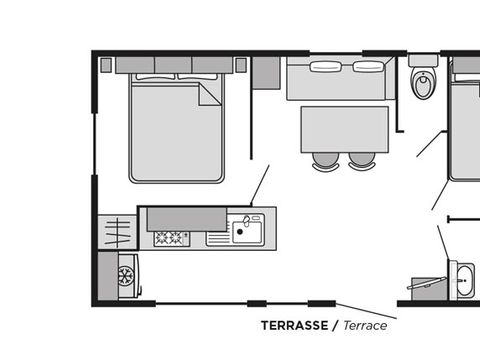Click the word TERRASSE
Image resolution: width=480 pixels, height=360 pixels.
[294, 325]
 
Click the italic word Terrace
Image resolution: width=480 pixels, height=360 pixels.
[365, 325]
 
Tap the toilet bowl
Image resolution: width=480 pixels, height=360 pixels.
[423, 82]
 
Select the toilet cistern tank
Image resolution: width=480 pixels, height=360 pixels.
[423, 61]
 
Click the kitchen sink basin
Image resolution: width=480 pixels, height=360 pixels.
[247, 232]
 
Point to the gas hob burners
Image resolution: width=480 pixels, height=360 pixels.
[171, 238]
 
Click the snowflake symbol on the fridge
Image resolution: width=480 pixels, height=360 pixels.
[126, 276]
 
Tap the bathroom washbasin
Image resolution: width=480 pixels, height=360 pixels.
[464, 280]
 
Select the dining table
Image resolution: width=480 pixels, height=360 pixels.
[345, 129]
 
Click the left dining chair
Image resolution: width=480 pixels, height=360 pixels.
[325, 161]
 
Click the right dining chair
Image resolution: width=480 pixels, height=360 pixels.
[362, 161]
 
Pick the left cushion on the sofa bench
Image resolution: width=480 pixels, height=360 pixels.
[326, 66]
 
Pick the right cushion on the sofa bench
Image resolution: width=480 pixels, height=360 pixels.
[368, 66]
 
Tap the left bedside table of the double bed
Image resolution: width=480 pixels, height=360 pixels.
[106, 65]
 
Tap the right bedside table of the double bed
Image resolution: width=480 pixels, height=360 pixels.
[241, 65]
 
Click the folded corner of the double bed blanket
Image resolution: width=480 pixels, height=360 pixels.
[209, 94]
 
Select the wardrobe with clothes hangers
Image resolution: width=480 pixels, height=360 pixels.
[117, 232]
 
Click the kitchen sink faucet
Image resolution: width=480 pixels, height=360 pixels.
[247, 221]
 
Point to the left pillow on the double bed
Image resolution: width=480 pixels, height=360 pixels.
[155, 76]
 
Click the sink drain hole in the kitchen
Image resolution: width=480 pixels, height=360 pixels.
[239, 231]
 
